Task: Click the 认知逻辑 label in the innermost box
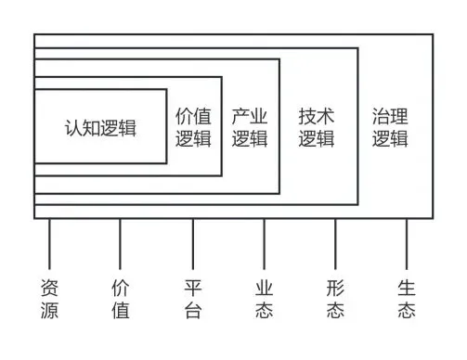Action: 100,127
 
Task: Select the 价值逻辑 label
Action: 193,127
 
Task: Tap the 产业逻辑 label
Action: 249,127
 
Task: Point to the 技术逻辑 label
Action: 317,127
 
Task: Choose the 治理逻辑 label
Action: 390,127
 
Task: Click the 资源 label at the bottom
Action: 50,298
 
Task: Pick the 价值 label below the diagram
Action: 121,298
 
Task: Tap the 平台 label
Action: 193,298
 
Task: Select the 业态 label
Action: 264,298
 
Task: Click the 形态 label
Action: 335,298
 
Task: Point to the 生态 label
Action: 407,298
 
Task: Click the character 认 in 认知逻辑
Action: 73,127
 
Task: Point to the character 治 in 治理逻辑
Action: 381,117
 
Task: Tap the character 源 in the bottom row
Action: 50,310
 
